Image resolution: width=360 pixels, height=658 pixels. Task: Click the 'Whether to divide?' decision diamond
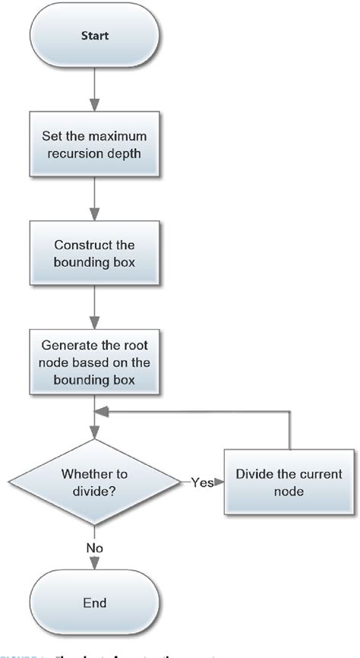94,483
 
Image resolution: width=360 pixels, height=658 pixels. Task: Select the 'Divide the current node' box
288,483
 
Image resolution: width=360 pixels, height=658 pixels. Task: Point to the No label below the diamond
94,547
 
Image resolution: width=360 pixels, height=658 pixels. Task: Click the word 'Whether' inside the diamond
82,474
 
